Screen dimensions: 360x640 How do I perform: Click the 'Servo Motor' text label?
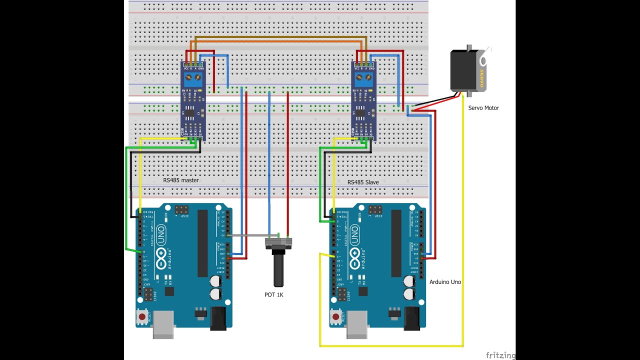click(483, 108)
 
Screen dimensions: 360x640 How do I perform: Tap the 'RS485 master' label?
click(180, 180)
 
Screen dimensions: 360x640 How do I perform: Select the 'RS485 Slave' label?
click(363, 182)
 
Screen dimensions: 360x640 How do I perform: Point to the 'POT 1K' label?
click(274, 295)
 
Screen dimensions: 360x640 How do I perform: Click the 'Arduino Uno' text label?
click(445, 282)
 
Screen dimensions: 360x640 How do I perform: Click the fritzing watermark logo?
click(500, 355)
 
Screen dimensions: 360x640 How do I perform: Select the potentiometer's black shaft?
click(278, 270)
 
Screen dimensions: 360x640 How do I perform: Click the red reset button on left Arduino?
click(142, 317)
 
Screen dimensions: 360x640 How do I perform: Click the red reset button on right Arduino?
click(336, 317)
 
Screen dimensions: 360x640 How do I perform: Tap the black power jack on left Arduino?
click(218, 318)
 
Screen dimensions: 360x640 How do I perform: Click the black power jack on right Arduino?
click(412, 318)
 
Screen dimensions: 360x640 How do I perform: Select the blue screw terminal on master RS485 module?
click(193, 78)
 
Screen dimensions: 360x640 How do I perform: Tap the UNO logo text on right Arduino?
click(354, 232)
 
